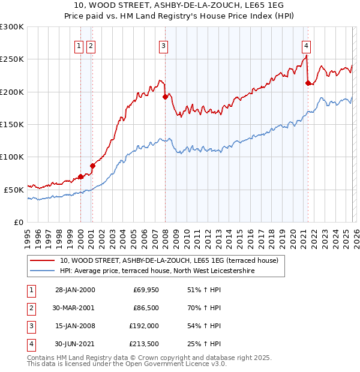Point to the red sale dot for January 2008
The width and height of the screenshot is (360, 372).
[x=164, y=97]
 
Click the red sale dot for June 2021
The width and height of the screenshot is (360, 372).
[x=308, y=83]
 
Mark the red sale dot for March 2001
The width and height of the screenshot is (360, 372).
[x=92, y=166]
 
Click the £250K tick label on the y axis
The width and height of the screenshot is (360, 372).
[x=12, y=59]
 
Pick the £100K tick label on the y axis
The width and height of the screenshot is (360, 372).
[x=12, y=157]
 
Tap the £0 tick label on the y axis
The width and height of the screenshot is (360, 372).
[x=18, y=222]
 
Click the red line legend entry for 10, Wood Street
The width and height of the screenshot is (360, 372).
[x=169, y=261]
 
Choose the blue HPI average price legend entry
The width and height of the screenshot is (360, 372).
[x=157, y=271]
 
